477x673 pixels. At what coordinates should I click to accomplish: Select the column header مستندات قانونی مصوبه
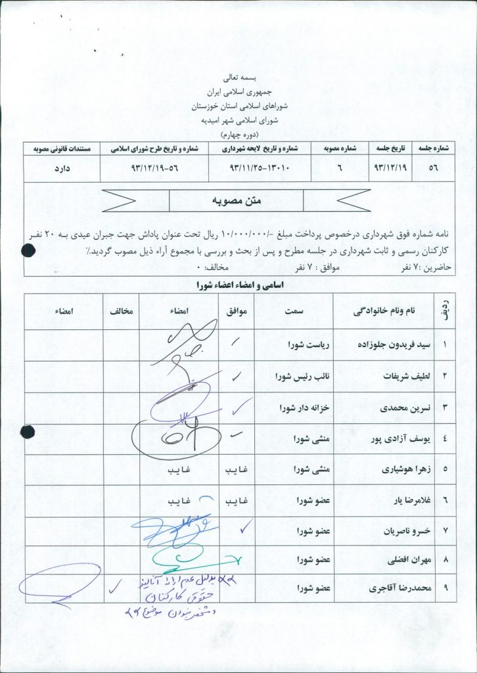(x=60, y=149)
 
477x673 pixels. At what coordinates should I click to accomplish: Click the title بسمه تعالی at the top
(x=240, y=77)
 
